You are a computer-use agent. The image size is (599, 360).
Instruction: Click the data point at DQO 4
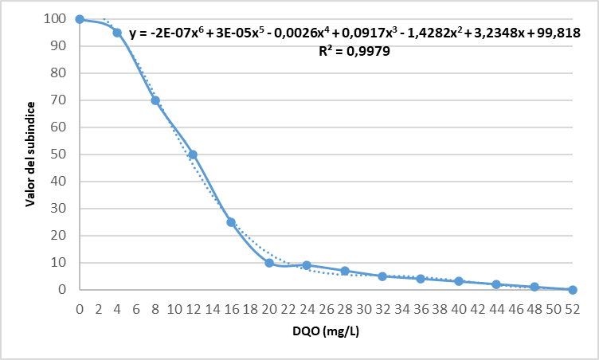coord(117,33)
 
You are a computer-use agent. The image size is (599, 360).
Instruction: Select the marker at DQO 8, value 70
coord(155,100)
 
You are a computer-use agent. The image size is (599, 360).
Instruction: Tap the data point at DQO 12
coord(193,155)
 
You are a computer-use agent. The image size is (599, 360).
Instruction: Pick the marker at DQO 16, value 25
coord(231,222)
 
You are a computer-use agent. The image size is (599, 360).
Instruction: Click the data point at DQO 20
coord(269,263)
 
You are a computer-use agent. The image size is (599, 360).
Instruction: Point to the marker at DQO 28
coord(345,271)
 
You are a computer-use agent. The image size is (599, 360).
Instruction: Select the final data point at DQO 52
coord(572,290)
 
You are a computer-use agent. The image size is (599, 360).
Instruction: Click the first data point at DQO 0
coord(80,19)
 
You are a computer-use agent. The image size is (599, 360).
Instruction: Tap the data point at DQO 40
coord(459,281)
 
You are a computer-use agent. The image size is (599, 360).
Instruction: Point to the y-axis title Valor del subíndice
coord(30,155)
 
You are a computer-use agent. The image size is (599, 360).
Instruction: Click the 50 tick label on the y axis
coord(57,155)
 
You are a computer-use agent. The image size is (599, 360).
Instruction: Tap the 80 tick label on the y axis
coord(57,73)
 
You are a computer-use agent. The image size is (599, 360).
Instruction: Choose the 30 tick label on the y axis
coord(57,209)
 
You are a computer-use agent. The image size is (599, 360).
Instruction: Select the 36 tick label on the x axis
coord(421,307)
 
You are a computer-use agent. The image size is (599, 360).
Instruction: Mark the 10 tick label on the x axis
coord(174,307)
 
